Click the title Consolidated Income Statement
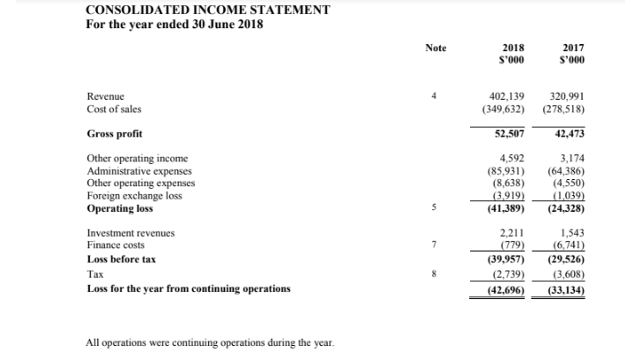(208, 10)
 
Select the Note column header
(435, 47)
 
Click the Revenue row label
(106, 95)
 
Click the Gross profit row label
(116, 134)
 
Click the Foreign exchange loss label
(135, 196)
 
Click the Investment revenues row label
(130, 233)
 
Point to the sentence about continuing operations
(210, 342)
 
